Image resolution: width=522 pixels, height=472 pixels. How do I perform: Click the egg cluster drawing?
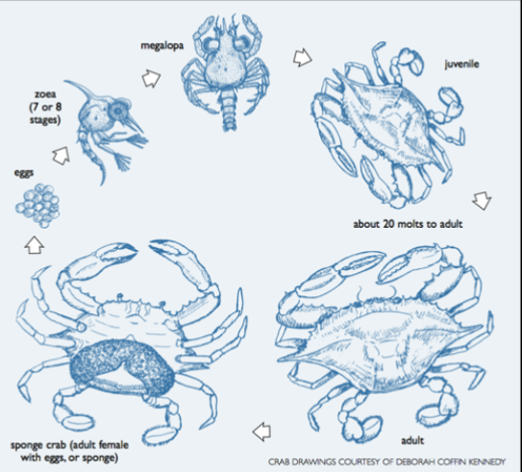coord(37,204)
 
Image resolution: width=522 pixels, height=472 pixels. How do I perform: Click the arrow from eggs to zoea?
coord(62,153)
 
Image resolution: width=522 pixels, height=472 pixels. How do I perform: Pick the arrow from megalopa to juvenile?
coord(303,57)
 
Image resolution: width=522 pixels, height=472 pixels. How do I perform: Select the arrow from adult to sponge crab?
coord(260,429)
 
